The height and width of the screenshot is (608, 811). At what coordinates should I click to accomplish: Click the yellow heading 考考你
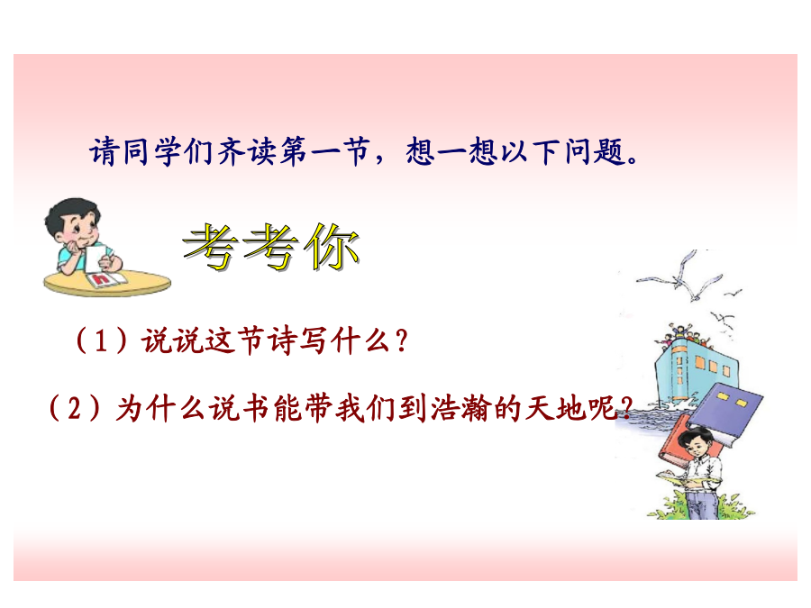click(x=271, y=248)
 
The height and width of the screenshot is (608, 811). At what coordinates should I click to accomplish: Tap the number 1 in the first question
click(x=101, y=341)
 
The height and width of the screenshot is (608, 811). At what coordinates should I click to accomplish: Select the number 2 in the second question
click(x=75, y=408)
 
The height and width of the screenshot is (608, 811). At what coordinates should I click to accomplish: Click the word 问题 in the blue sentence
click(x=595, y=152)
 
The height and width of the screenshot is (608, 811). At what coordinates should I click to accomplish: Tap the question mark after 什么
click(x=401, y=341)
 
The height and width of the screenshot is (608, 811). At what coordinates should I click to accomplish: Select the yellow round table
click(x=107, y=283)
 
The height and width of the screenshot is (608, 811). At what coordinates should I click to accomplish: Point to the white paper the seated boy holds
click(x=98, y=258)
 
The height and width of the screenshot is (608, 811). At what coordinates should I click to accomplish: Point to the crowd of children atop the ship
click(x=683, y=336)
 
